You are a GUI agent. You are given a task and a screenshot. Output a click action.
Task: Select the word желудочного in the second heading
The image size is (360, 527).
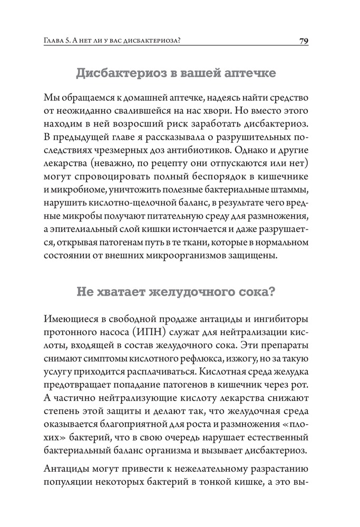[196, 291]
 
